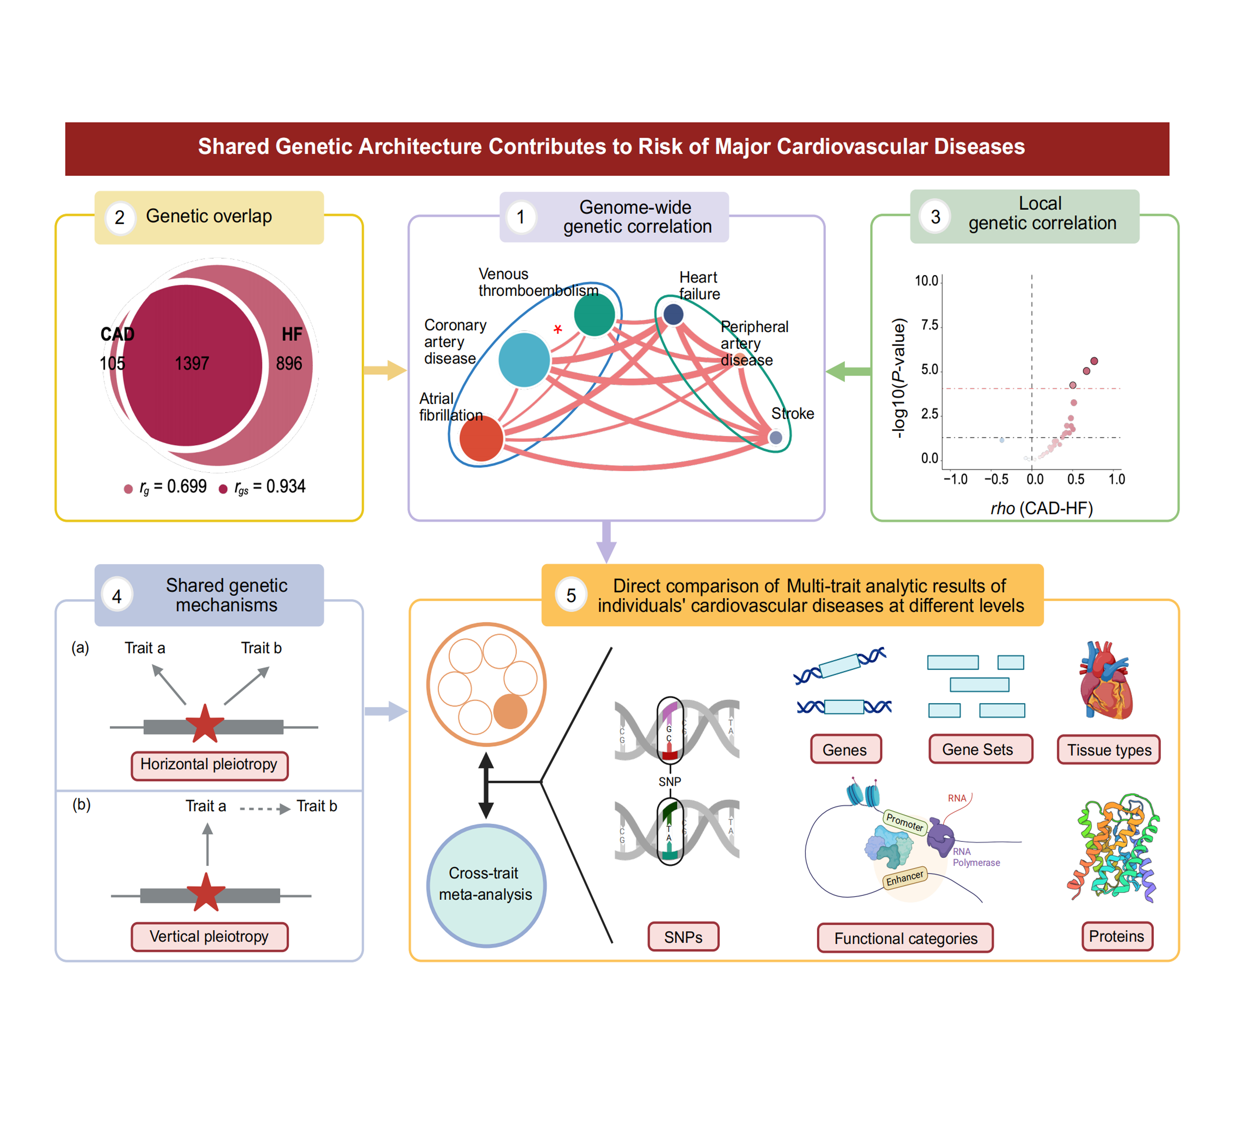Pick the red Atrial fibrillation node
[481, 438]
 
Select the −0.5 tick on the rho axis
[995, 479]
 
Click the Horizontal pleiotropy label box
[209, 765]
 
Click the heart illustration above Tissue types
[1106, 680]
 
